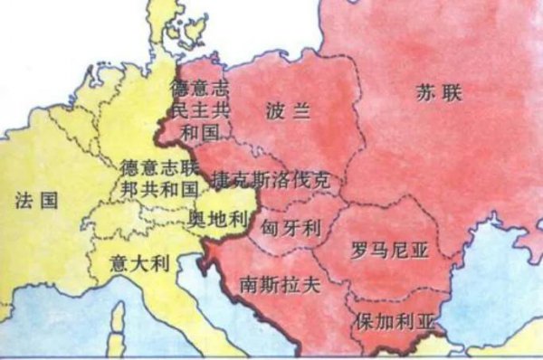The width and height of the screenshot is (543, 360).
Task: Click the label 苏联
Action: point(434,90)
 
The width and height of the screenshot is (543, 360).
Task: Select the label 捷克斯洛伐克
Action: point(270,179)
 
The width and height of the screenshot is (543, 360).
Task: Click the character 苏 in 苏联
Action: point(424,90)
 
